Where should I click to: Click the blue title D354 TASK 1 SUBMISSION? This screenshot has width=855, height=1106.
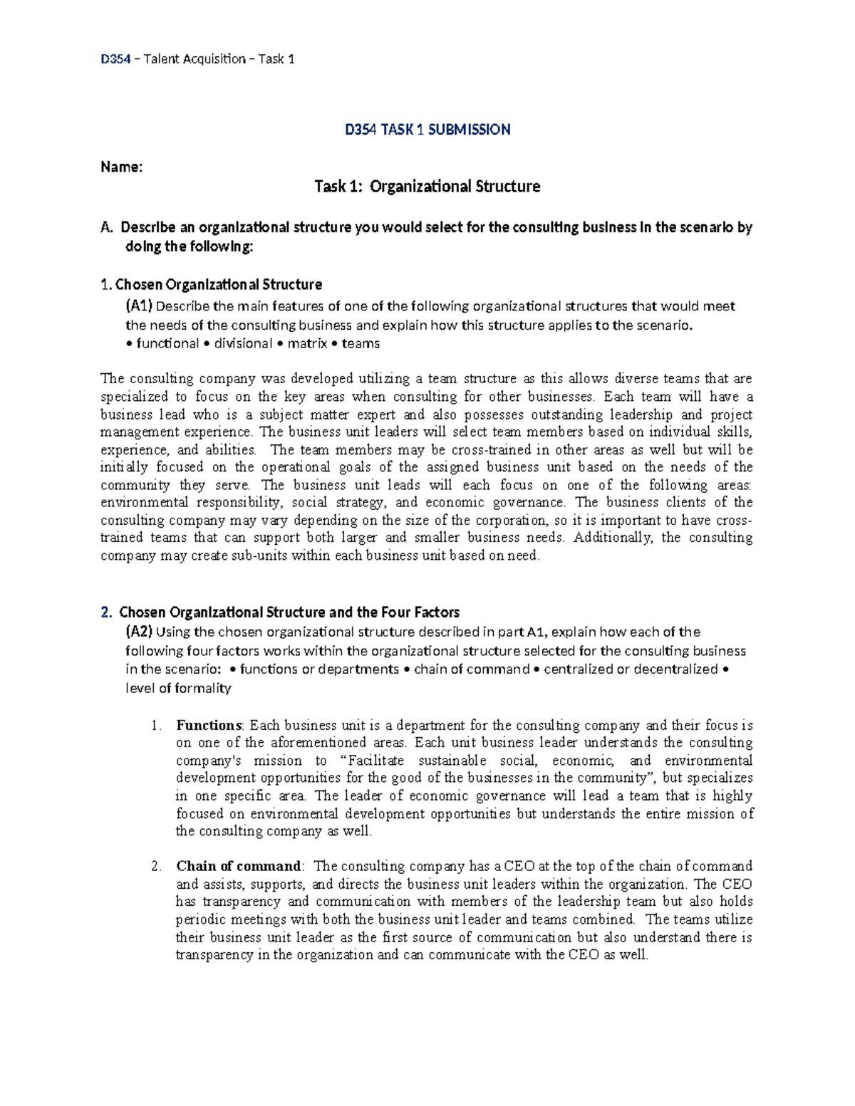pyautogui.click(x=427, y=130)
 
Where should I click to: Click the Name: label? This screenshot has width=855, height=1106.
pyautogui.click(x=121, y=167)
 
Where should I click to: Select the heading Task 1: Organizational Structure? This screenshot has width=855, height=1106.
pyautogui.click(x=427, y=187)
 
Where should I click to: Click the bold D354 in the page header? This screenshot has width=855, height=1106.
pyautogui.click(x=115, y=59)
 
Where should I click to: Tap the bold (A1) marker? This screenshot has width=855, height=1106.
pyautogui.click(x=139, y=306)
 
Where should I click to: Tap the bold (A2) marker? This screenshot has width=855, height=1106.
pyautogui.click(x=139, y=632)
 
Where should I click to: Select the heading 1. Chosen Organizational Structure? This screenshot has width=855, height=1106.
pyautogui.click(x=212, y=285)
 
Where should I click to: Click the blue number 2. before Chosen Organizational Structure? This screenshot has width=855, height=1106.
pyautogui.click(x=106, y=612)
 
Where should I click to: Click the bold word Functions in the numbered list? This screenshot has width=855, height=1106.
pyautogui.click(x=209, y=726)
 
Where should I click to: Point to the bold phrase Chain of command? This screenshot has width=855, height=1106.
pyautogui.click(x=239, y=867)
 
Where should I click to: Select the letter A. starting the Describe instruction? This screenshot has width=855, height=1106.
pyautogui.click(x=107, y=228)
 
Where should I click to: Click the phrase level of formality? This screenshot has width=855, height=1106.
pyautogui.click(x=178, y=688)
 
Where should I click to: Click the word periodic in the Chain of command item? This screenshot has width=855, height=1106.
pyautogui.click(x=199, y=919)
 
